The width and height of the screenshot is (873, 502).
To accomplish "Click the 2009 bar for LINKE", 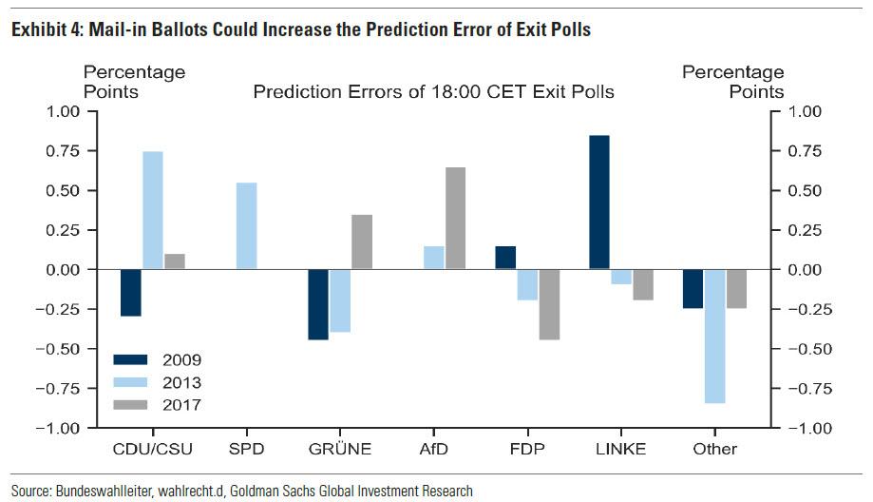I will click(x=598, y=203).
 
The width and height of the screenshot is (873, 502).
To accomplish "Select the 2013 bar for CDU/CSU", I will click(x=152, y=210).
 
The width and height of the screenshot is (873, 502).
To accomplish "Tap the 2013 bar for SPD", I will click(x=246, y=226).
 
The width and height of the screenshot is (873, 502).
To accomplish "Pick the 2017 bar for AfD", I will click(x=455, y=219).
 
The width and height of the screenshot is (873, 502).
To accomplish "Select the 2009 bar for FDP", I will click(x=505, y=258).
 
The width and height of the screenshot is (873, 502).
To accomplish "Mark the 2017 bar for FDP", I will click(x=548, y=304).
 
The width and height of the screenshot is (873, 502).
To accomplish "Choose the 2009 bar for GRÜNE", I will click(x=318, y=304).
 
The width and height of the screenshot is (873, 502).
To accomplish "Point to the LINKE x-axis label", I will click(x=620, y=449).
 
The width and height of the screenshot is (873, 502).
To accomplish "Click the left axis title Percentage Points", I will click(x=134, y=82).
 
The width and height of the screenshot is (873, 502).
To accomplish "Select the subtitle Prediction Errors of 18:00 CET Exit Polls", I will click(x=433, y=92).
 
